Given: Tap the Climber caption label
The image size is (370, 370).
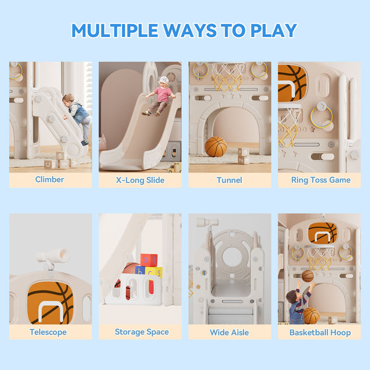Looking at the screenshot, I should coord(50,180).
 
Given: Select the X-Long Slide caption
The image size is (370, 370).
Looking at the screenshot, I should coord(140,180).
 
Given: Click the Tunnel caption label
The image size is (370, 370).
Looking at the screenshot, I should coord(229,180).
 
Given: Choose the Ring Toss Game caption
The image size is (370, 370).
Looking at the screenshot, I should coord(321,180).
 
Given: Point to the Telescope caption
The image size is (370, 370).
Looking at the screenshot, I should coord(48,332).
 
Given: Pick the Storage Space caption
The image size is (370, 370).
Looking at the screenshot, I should coord(141,332).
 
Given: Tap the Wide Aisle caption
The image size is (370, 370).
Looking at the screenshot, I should coord(229,332).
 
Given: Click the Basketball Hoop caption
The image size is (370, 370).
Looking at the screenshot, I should coord(319,332).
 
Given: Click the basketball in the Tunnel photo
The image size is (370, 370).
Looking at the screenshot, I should coord(216,147).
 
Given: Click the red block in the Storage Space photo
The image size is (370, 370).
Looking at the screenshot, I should coord(149,260).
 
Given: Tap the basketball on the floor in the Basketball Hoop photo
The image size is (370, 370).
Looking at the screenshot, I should coord(311,315).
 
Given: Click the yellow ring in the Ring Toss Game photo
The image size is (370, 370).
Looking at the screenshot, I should coord(321,116).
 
